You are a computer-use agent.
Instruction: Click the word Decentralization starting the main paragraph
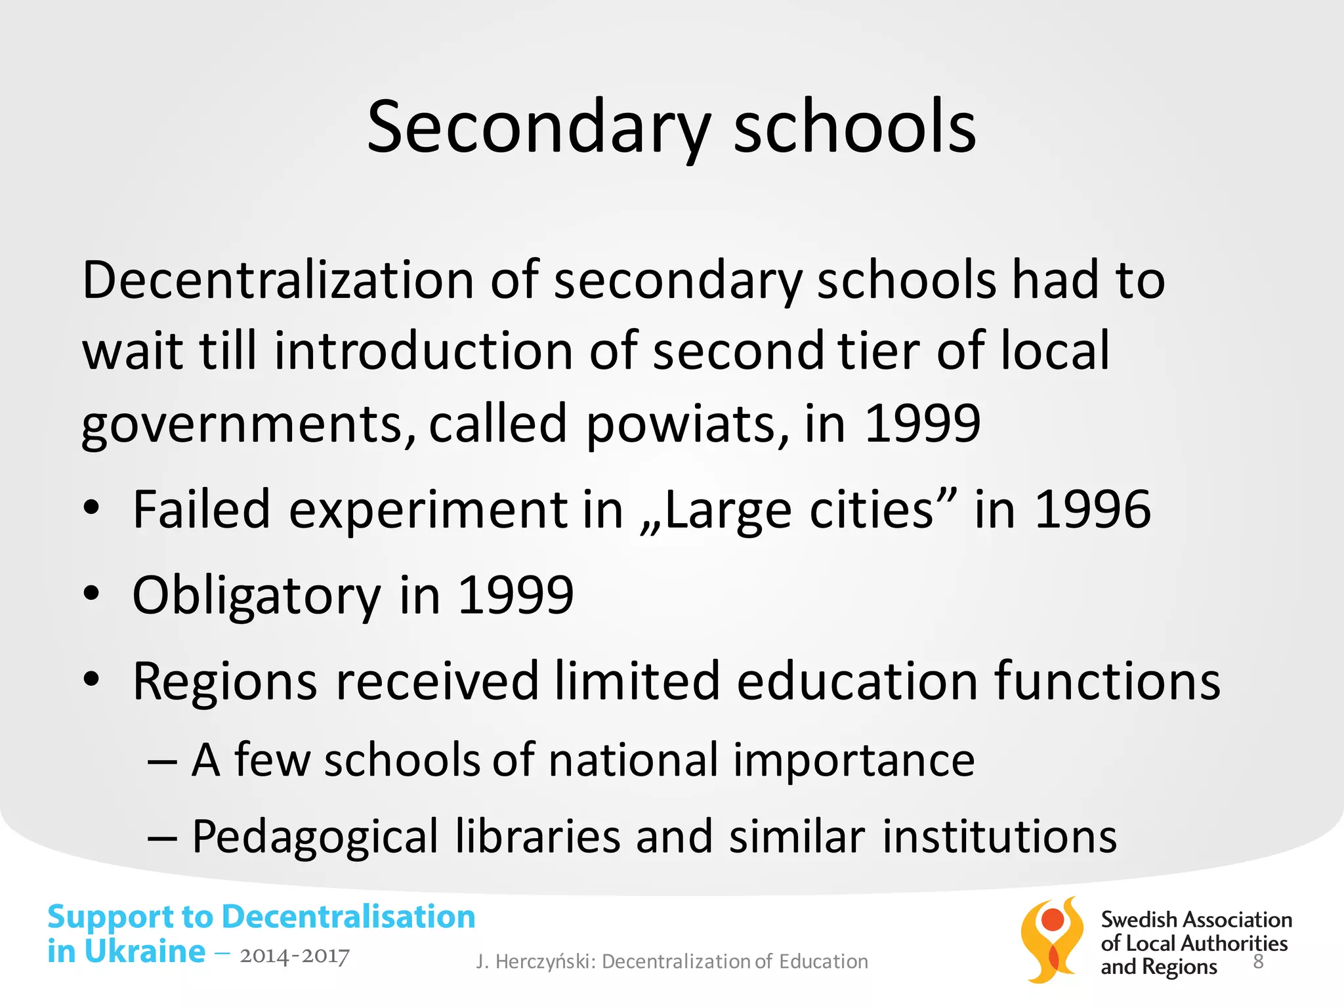(278, 280)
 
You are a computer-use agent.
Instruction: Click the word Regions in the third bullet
(225, 681)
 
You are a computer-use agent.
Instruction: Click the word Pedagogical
(314, 837)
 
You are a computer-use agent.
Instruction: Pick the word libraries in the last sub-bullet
(537, 837)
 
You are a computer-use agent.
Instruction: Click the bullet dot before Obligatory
(91, 594)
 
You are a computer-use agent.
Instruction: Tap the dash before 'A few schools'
(162, 761)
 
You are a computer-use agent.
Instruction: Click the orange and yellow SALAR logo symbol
(1052, 940)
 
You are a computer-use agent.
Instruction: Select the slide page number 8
(1258, 961)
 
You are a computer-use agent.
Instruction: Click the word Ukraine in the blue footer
(144, 952)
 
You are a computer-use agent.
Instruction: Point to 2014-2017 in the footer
(295, 956)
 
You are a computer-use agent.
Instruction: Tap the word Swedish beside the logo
(1138, 920)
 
